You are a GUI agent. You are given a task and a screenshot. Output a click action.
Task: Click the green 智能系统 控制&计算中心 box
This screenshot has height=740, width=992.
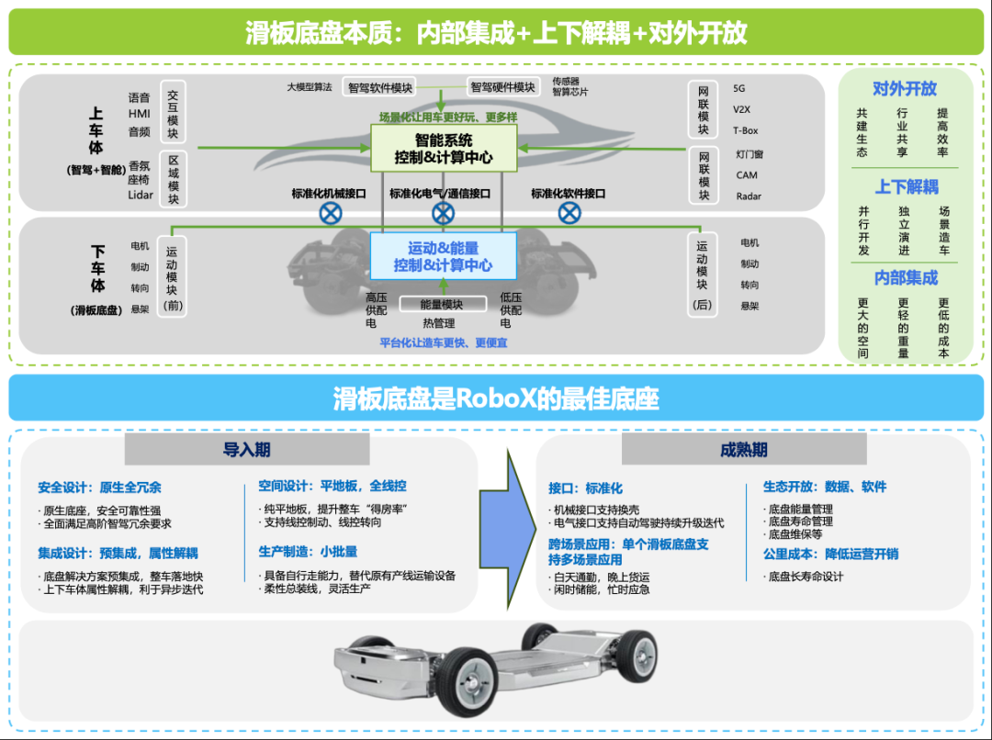click(444, 149)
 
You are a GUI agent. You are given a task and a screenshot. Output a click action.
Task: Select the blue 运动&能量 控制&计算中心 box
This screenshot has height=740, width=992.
click(444, 256)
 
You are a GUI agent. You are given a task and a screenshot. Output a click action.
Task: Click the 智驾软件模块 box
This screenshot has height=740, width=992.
click(379, 87)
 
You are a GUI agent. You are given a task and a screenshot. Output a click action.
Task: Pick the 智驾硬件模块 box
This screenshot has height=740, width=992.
click(502, 87)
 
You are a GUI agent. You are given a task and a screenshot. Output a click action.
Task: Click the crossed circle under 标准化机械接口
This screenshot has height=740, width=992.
click(330, 214)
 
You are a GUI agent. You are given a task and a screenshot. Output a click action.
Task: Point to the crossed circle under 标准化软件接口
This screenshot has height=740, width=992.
click(569, 214)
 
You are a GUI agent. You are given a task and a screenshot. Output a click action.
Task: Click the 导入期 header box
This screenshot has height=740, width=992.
click(247, 450)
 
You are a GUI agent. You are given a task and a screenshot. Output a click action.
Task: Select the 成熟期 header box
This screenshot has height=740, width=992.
click(744, 450)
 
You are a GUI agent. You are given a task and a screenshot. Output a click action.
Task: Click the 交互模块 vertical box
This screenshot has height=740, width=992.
click(173, 113)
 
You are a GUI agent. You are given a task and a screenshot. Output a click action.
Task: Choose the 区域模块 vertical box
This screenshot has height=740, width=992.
click(173, 180)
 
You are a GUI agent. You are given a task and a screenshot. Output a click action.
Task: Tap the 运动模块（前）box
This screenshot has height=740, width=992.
click(173, 276)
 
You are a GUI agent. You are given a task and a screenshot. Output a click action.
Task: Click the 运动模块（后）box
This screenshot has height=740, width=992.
click(703, 275)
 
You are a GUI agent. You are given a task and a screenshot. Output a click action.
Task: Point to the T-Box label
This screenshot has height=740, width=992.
click(746, 130)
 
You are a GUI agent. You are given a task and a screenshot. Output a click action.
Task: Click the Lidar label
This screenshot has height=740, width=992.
click(141, 195)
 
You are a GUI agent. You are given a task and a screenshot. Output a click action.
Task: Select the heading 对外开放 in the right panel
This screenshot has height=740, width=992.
click(905, 89)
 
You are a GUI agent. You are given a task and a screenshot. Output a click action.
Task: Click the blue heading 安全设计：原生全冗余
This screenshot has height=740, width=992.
click(99, 488)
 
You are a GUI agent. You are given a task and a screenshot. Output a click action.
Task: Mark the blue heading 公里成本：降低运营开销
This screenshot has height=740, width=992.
click(830, 554)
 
